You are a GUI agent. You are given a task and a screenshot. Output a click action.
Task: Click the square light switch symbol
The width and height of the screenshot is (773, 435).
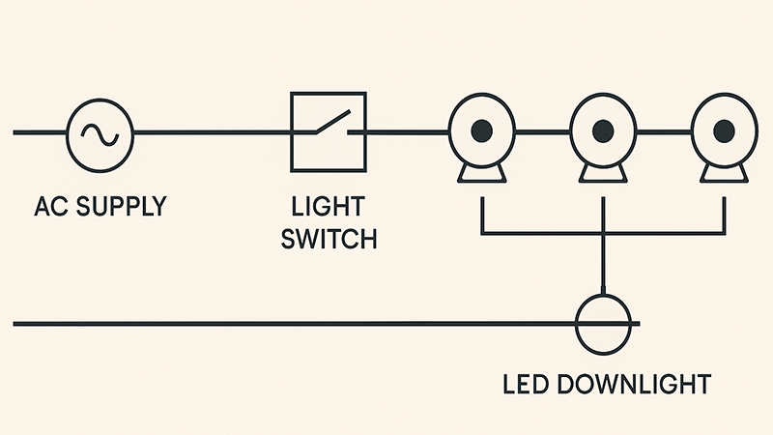click(x=329, y=131)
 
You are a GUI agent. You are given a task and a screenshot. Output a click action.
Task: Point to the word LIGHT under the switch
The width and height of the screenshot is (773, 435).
click(x=329, y=207)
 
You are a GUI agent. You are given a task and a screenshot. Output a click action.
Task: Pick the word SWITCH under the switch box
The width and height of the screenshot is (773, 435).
click(x=329, y=238)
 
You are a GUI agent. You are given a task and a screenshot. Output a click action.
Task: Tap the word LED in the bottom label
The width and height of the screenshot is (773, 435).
click(x=529, y=384)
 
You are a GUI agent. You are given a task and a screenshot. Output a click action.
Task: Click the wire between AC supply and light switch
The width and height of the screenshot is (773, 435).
click(x=213, y=131)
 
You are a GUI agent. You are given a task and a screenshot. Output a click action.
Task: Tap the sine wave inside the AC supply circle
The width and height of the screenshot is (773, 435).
click(x=100, y=132)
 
